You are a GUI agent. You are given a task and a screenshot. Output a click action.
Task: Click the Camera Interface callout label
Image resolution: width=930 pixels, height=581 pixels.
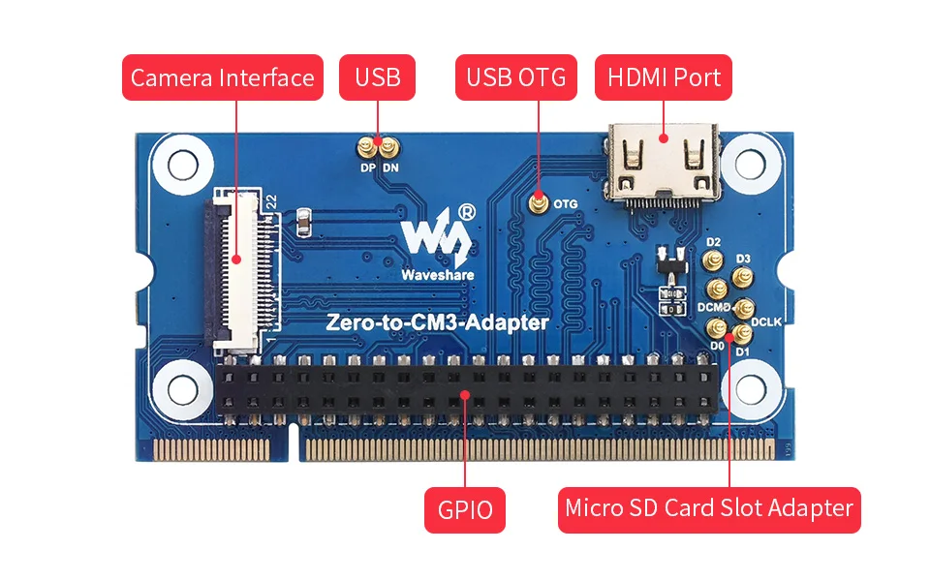[x=222, y=77]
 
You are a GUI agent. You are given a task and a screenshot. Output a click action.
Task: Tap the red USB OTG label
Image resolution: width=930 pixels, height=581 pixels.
[x=515, y=77]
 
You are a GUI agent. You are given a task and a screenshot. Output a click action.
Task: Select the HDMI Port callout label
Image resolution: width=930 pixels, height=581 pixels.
[x=664, y=77]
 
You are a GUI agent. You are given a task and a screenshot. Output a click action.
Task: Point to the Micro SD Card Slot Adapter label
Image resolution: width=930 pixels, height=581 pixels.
[x=709, y=508]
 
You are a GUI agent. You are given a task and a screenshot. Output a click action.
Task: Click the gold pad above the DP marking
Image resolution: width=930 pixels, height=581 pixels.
[x=368, y=148]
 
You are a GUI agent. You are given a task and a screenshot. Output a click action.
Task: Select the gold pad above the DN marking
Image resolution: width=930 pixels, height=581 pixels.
[x=389, y=148]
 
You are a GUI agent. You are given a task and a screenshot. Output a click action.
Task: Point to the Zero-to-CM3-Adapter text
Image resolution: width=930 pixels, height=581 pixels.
[x=439, y=322]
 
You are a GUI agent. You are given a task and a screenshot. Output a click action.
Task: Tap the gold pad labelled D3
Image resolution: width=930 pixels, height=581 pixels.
[x=744, y=279]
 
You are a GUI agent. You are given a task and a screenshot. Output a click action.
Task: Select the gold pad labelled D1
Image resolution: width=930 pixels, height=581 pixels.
[x=743, y=335]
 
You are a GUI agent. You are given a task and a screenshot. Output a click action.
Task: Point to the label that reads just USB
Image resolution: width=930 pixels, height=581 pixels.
[x=378, y=77]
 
